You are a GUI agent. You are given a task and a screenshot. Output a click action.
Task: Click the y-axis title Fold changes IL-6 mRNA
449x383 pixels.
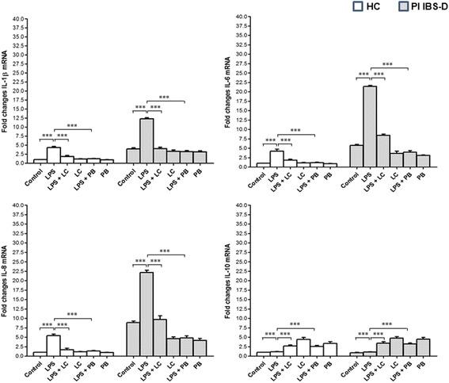tap(238, 84)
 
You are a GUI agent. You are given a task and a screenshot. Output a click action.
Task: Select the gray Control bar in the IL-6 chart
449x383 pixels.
tap(355, 155)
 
